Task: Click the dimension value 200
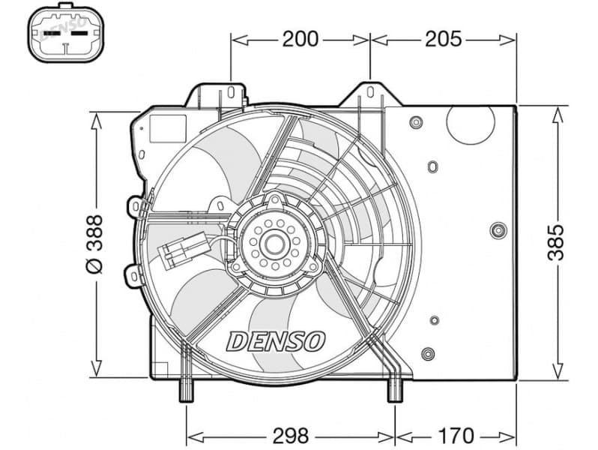pos(300,38)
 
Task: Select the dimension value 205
pos(443,38)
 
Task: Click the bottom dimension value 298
pos(291,434)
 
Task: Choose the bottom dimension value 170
pos(456,434)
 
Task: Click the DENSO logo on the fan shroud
pos(276,341)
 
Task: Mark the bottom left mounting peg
pos(187,391)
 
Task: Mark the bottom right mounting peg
pos(394,391)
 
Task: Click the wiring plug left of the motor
pos(179,251)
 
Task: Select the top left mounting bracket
pos(217,96)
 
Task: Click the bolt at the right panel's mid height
pos(497,230)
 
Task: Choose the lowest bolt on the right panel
pos(427,354)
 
